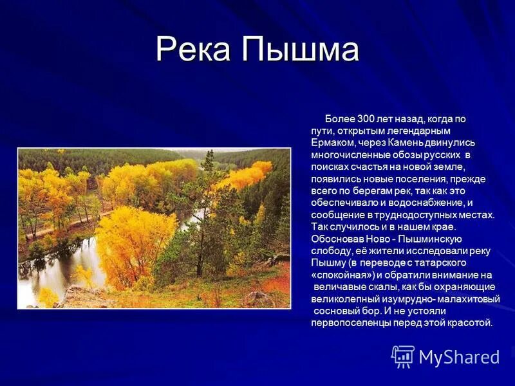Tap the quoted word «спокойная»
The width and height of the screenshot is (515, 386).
pos(338,275)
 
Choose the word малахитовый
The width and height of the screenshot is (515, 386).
pos(465,299)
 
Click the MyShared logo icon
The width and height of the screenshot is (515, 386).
pos(403,356)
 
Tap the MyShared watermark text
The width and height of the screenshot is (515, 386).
pos(459,357)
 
